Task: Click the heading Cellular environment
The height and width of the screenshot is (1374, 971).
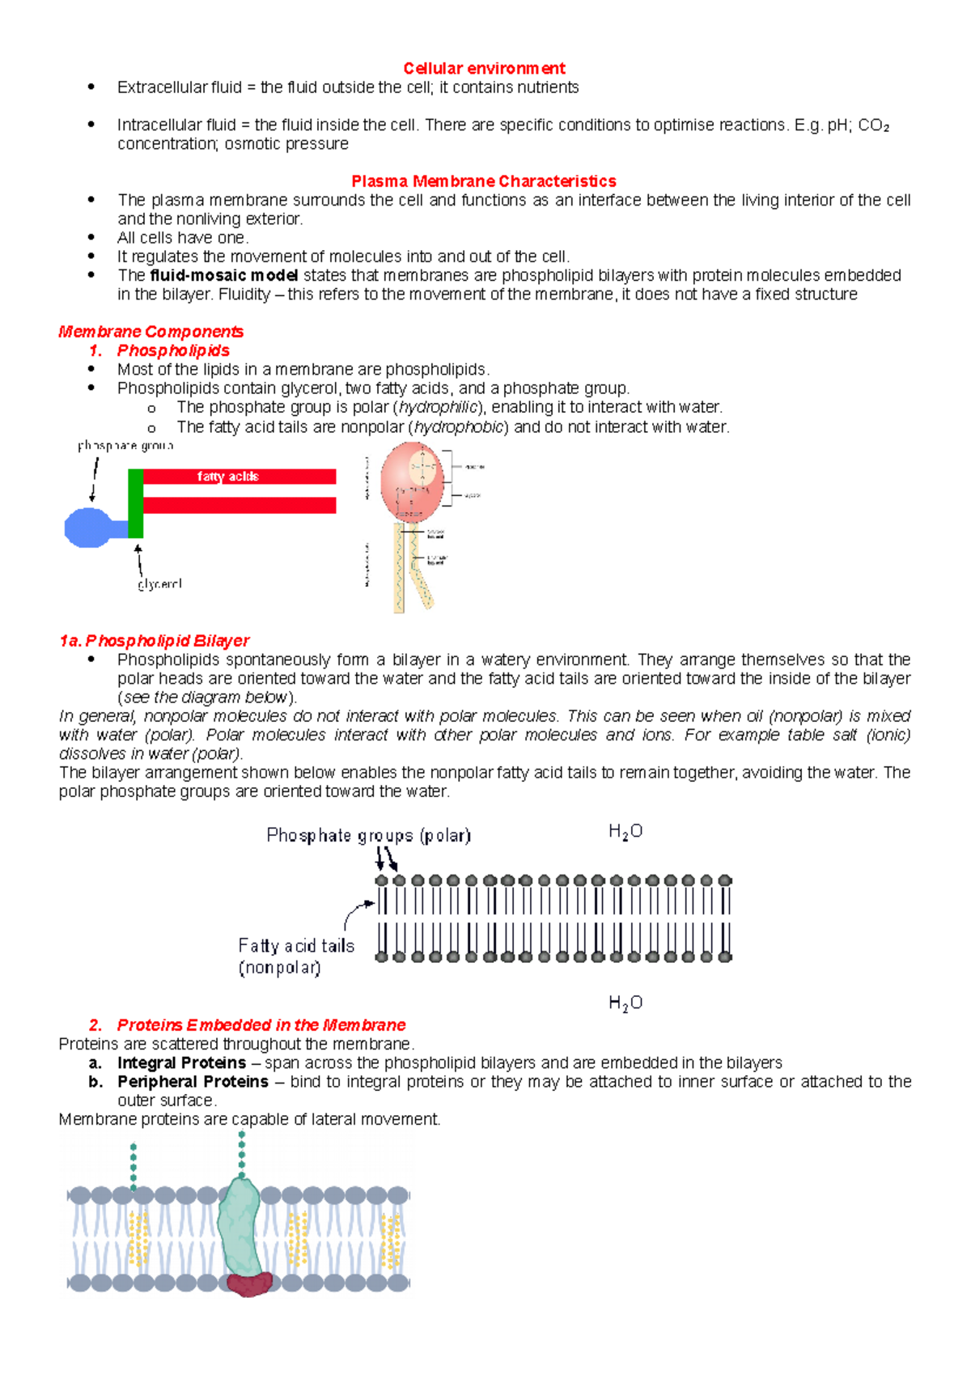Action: pyautogui.click(x=484, y=68)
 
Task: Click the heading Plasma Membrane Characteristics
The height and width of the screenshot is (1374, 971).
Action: pyautogui.click(x=483, y=181)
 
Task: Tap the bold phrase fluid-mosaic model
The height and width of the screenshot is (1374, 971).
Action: pyautogui.click(x=224, y=275)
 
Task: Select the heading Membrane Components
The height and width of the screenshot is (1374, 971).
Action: pyautogui.click(x=151, y=332)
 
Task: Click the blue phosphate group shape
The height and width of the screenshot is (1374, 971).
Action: pyautogui.click(x=91, y=527)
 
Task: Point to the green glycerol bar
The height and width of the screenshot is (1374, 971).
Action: pyautogui.click(x=136, y=503)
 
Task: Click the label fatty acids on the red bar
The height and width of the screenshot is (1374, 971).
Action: pyautogui.click(x=227, y=477)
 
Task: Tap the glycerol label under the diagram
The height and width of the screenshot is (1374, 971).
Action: pyautogui.click(x=159, y=583)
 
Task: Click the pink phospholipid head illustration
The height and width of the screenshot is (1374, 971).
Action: pyautogui.click(x=412, y=481)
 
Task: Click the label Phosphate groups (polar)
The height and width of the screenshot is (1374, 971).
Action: pyautogui.click(x=368, y=835)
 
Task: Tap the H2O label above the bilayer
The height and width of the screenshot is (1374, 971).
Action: pyautogui.click(x=625, y=832)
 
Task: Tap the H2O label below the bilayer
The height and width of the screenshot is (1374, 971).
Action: pyautogui.click(x=625, y=1003)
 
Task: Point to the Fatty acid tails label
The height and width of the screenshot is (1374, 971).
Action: pyautogui.click(x=296, y=946)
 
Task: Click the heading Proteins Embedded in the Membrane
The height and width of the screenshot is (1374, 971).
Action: pyautogui.click(x=261, y=1025)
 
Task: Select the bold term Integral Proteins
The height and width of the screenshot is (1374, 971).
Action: pyautogui.click(x=181, y=1062)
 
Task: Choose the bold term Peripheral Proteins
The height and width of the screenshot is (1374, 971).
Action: pyautogui.click(x=193, y=1082)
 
